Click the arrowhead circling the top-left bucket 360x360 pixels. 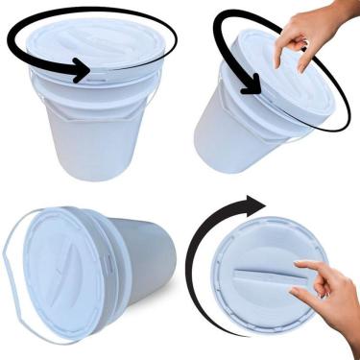point(83,69)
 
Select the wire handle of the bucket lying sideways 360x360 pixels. point(10,259)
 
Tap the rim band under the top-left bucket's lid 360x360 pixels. point(91,84)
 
